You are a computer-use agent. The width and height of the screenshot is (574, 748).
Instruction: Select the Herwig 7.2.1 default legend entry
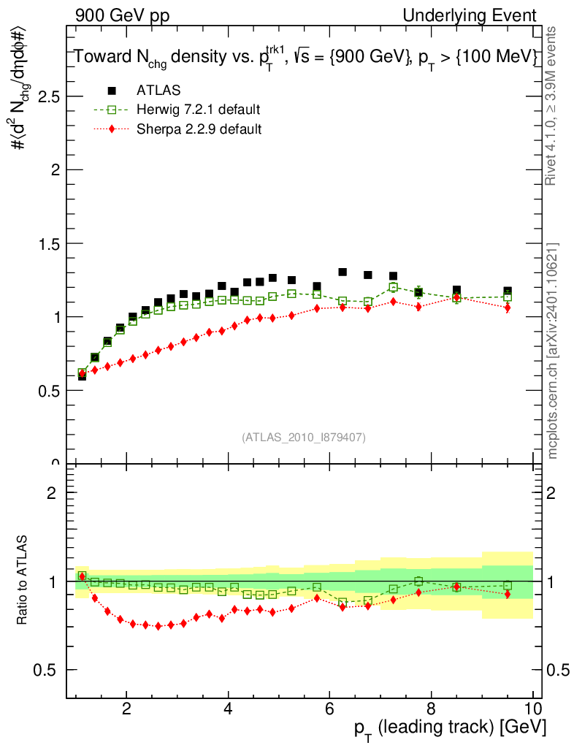198,110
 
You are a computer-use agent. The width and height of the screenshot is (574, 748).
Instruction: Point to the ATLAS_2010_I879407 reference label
304,438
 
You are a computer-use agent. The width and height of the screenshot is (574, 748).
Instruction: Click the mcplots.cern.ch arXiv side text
554,351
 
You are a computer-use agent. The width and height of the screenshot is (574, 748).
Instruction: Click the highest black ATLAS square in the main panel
343,272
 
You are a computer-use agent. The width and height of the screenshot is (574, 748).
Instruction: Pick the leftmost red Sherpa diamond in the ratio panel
82,576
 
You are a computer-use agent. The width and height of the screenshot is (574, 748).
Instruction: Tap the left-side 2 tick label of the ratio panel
51,493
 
